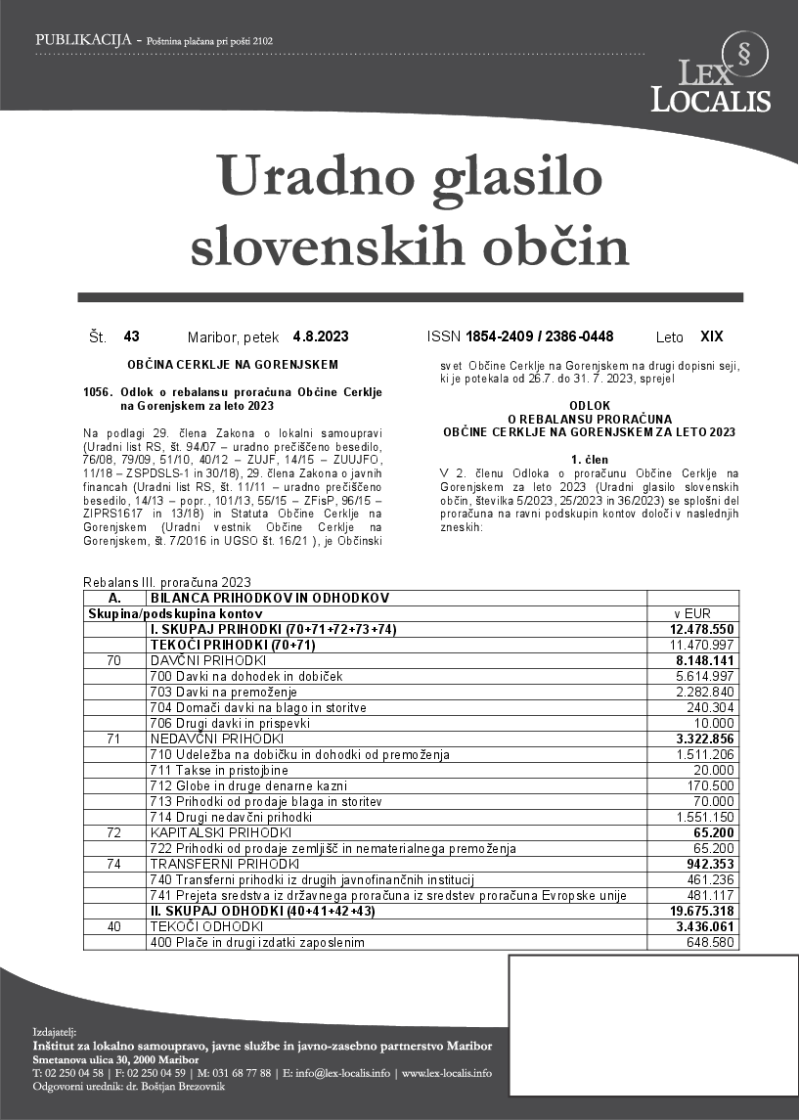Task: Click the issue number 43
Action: click(x=132, y=336)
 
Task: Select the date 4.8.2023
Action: click(x=321, y=336)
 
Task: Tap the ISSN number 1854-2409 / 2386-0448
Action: click(x=540, y=336)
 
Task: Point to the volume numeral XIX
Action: click(x=712, y=336)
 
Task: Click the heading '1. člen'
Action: click(x=589, y=459)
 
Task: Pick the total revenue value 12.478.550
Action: click(x=702, y=629)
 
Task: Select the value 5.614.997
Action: click(x=705, y=676)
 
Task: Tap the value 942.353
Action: click(x=711, y=864)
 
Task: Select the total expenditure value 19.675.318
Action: click(x=702, y=911)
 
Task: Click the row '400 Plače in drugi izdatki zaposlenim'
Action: click(x=257, y=942)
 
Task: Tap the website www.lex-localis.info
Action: click(x=446, y=1073)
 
